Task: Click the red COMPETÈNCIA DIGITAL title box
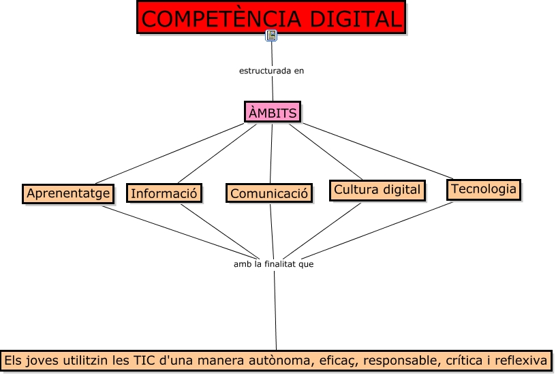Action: click(271, 18)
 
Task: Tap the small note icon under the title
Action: click(271, 35)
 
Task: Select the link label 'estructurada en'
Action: click(271, 71)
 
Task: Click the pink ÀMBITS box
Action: click(273, 113)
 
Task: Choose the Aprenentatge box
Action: click(68, 193)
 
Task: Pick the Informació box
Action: click(164, 193)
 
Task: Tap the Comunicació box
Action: click(270, 193)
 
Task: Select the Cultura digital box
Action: click(377, 190)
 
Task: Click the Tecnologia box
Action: click(484, 189)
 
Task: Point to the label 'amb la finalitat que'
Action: click(273, 264)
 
